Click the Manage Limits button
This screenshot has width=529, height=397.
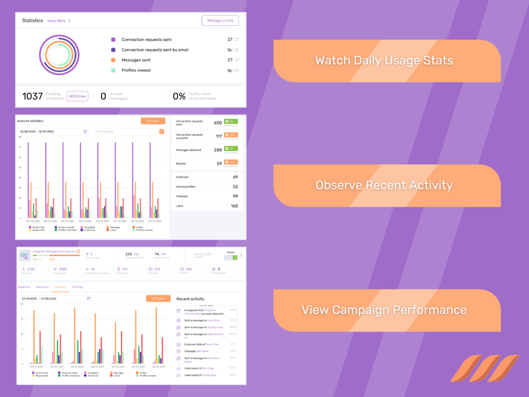coord(220,21)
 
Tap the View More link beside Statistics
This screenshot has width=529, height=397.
coord(58,21)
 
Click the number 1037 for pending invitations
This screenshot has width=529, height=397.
coord(32,96)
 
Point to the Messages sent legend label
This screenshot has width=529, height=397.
coord(136,60)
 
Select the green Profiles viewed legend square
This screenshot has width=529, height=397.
coord(113,70)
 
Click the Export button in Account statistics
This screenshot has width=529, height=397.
coord(153,121)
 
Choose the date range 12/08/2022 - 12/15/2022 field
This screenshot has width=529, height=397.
coord(52,132)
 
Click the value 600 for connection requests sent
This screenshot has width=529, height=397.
coord(217,123)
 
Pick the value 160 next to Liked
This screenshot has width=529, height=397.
coord(234,206)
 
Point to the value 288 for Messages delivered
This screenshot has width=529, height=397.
coord(217,150)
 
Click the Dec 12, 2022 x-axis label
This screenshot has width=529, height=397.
coord(102,221)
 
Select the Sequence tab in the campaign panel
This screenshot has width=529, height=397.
coord(42,286)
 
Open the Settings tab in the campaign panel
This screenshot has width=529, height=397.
coord(77,286)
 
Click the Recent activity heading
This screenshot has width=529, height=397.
coord(190,299)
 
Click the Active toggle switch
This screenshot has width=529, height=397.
coord(231,257)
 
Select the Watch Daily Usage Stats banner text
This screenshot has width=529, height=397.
coord(384,60)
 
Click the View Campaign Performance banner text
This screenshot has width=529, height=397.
coord(384,310)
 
